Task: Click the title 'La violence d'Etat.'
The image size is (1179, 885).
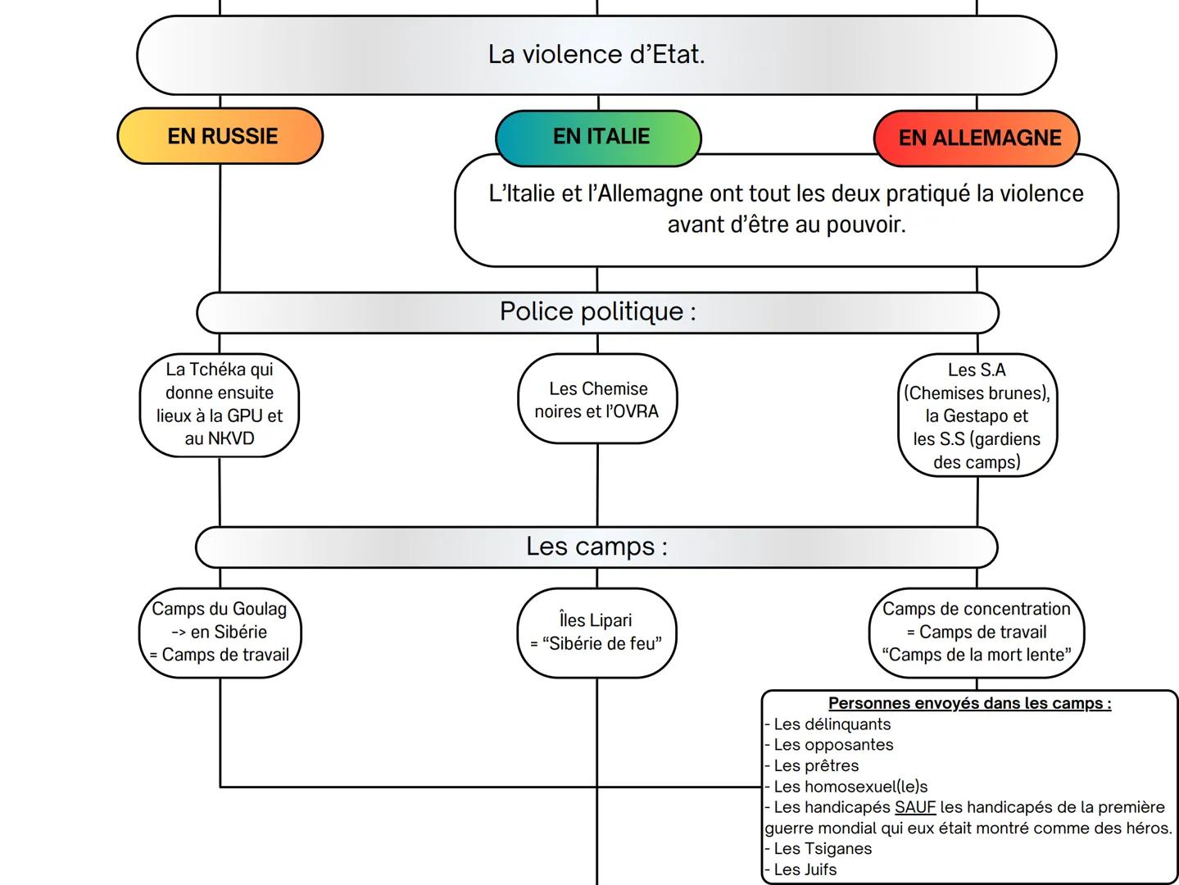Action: pyautogui.click(x=596, y=55)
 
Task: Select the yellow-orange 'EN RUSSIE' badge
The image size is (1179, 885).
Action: pyautogui.click(x=220, y=136)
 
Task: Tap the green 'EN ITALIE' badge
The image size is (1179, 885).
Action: pyautogui.click(x=599, y=137)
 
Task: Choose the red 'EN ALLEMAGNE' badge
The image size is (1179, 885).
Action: pyautogui.click(x=977, y=138)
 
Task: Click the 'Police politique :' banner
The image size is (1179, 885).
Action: pyautogui.click(x=597, y=312)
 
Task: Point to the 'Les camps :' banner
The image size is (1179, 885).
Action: pyautogui.click(x=596, y=547)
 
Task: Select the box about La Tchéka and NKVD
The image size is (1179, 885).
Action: pyautogui.click(x=220, y=404)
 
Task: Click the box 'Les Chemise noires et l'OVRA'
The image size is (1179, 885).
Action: pyautogui.click(x=597, y=400)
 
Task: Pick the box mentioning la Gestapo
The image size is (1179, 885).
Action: pyautogui.click(x=977, y=415)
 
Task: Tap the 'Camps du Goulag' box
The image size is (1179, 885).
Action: pyautogui.click(x=220, y=632)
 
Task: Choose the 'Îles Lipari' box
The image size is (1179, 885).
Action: pyautogui.click(x=596, y=632)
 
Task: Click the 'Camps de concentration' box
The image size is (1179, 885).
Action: pyautogui.click(x=977, y=632)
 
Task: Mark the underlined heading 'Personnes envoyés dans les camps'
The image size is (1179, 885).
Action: pyautogui.click(x=969, y=703)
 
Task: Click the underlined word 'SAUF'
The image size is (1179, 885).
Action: pyautogui.click(x=914, y=807)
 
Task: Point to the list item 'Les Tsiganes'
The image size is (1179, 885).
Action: pyautogui.click(x=822, y=849)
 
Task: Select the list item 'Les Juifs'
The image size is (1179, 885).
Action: pyautogui.click(x=805, y=869)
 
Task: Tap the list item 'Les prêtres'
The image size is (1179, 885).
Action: pyautogui.click(x=816, y=765)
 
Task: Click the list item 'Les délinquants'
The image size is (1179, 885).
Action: pyautogui.click(x=832, y=724)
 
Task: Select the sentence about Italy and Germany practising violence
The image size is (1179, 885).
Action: pyautogui.click(x=786, y=209)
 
